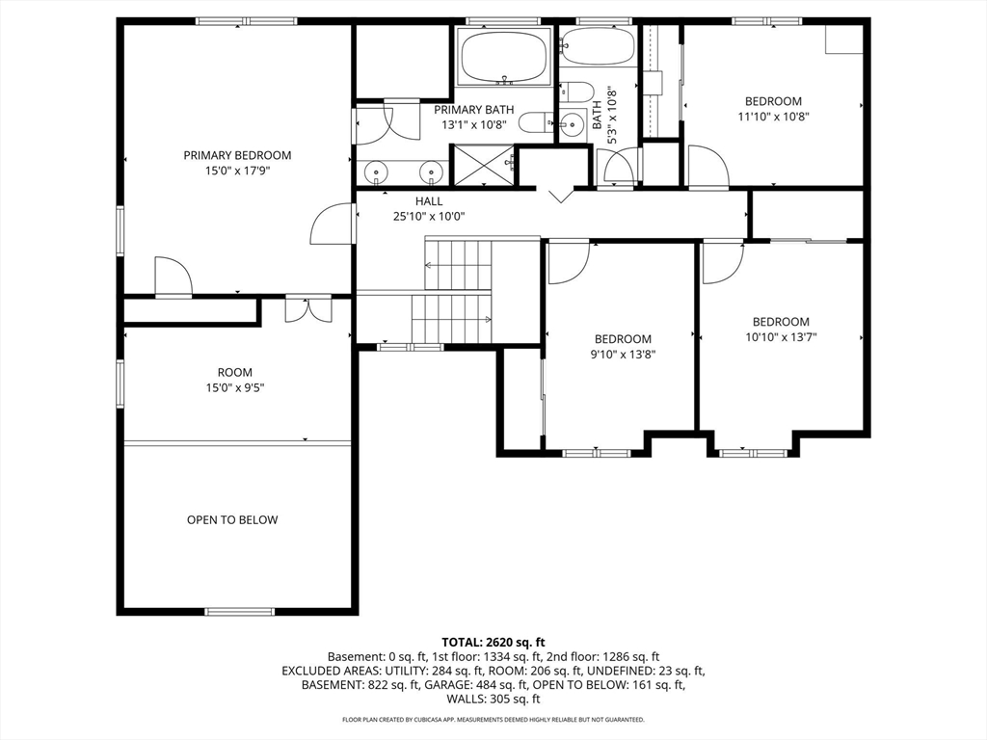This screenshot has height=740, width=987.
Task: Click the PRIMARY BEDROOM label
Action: pos(237,155)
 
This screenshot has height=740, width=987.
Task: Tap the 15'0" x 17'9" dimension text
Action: pos(237,171)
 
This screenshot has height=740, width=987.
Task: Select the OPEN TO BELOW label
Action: pos(232,519)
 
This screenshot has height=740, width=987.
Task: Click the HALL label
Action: pos(429,201)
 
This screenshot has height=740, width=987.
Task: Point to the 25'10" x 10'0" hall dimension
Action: pos(429,217)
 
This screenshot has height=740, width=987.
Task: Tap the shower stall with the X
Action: pos(484,166)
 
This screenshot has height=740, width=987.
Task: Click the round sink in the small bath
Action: pos(573,124)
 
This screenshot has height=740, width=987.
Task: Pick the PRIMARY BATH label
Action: pos(474,110)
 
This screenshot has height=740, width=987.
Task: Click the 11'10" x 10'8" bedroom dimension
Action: pos(774,117)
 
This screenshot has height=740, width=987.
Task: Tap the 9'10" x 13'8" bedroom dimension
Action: pos(624,355)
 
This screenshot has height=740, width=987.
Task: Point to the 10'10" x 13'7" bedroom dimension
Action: pos(781,337)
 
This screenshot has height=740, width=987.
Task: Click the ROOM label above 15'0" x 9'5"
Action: pos(235,373)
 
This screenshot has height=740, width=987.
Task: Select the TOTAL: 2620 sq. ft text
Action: pos(493,643)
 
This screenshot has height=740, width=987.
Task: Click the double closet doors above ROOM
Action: pos(308,309)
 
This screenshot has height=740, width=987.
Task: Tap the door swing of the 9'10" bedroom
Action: pos(569,262)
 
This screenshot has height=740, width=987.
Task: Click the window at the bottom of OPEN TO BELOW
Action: pos(240,611)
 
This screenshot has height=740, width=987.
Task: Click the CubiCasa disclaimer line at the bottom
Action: pos(493,719)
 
